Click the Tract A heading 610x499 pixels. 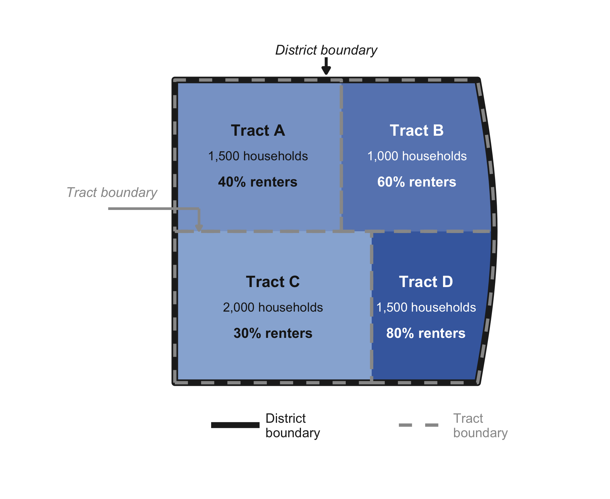point(258,131)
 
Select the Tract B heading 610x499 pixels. point(416,131)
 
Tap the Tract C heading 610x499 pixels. point(273,282)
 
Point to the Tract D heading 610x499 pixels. point(426,282)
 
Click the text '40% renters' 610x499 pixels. point(258,182)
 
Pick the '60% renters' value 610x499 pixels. point(416,182)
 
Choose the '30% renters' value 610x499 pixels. point(273,333)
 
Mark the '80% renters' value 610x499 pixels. point(426,333)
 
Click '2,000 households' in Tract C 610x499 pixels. point(273,308)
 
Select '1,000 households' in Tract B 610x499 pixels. point(417,156)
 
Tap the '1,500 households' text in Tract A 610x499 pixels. point(258,156)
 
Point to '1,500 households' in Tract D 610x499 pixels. point(426,308)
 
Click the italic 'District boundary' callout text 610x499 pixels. point(326,50)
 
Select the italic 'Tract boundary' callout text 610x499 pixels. point(112,193)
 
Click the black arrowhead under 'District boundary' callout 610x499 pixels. point(326,70)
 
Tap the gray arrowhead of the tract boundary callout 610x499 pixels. point(199,228)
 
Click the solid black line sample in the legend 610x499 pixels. point(235,425)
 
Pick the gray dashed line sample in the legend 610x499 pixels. point(419,425)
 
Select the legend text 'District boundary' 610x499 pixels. point(293,426)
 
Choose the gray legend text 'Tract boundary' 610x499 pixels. point(480,426)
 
